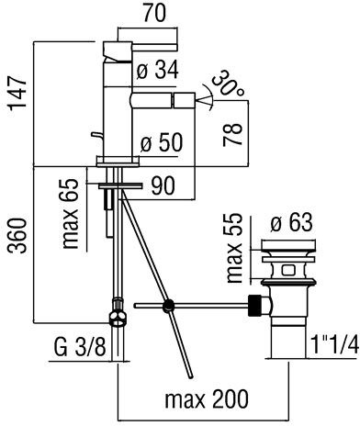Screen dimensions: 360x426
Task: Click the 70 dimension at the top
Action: click(x=154, y=13)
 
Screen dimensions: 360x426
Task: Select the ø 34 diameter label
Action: click(x=158, y=70)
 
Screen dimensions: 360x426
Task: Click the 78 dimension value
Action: click(x=233, y=135)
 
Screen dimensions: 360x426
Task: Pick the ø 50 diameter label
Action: click(x=162, y=142)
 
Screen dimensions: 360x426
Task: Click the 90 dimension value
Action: click(x=163, y=185)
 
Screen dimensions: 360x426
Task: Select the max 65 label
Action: click(x=71, y=213)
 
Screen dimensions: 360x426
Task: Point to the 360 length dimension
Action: click(x=17, y=235)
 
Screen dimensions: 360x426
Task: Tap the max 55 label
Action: click(x=235, y=248)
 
